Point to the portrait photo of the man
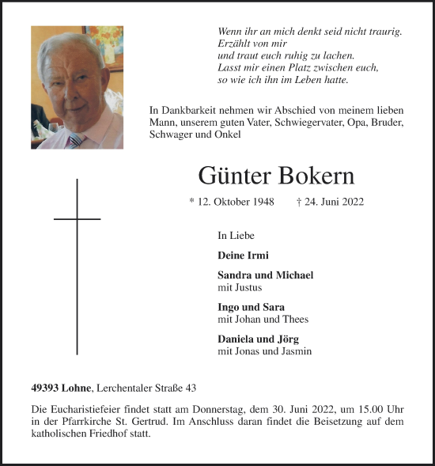77,87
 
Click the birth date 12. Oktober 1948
232,202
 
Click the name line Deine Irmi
243,256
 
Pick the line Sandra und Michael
265,275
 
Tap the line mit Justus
239,287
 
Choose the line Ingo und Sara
251,307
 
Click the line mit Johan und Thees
263,319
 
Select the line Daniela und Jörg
258,339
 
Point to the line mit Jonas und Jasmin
264,350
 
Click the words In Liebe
236,236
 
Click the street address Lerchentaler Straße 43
147,388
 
